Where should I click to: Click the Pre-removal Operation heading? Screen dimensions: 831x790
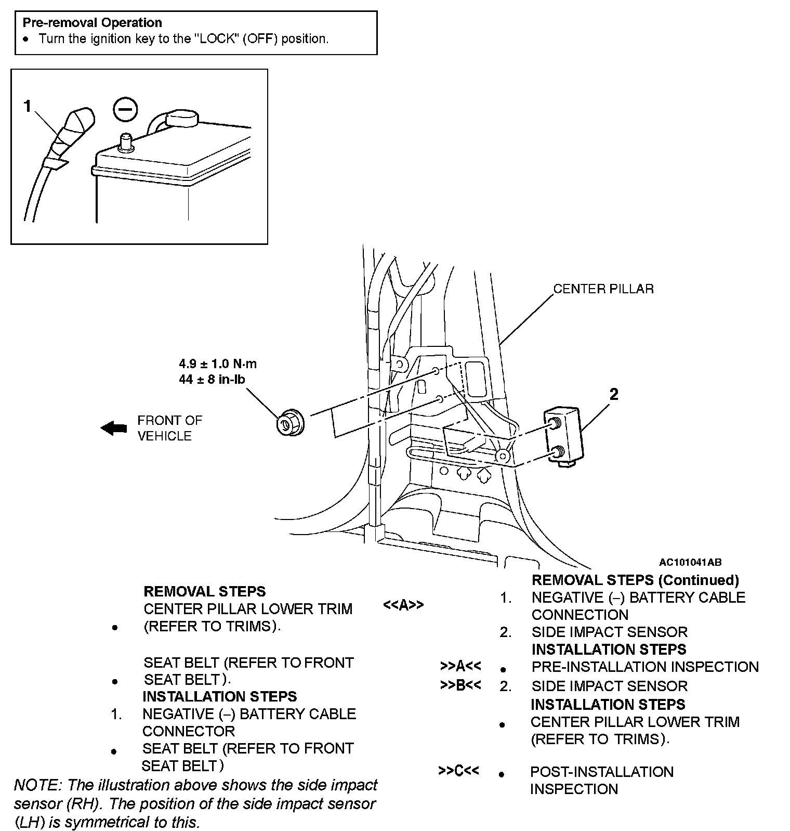coord(92,23)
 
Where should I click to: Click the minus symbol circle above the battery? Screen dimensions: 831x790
coord(125,110)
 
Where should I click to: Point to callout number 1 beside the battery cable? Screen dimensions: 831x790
coord(28,107)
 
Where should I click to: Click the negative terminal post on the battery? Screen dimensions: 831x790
coord(125,141)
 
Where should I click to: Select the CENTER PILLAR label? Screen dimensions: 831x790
coord(603,289)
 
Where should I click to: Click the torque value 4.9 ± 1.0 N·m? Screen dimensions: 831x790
coord(218,364)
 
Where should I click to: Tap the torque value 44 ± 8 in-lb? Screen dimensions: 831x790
coord(212,380)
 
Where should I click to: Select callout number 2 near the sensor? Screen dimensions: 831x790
coord(614,395)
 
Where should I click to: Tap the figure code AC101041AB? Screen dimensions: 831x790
coord(690,562)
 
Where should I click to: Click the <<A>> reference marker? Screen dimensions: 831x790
coord(403,605)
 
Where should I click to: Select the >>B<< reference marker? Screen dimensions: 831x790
coord(460,685)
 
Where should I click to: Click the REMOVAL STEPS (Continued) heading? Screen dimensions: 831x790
coord(635,580)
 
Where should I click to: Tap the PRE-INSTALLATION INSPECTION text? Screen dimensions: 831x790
coord(645,667)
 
